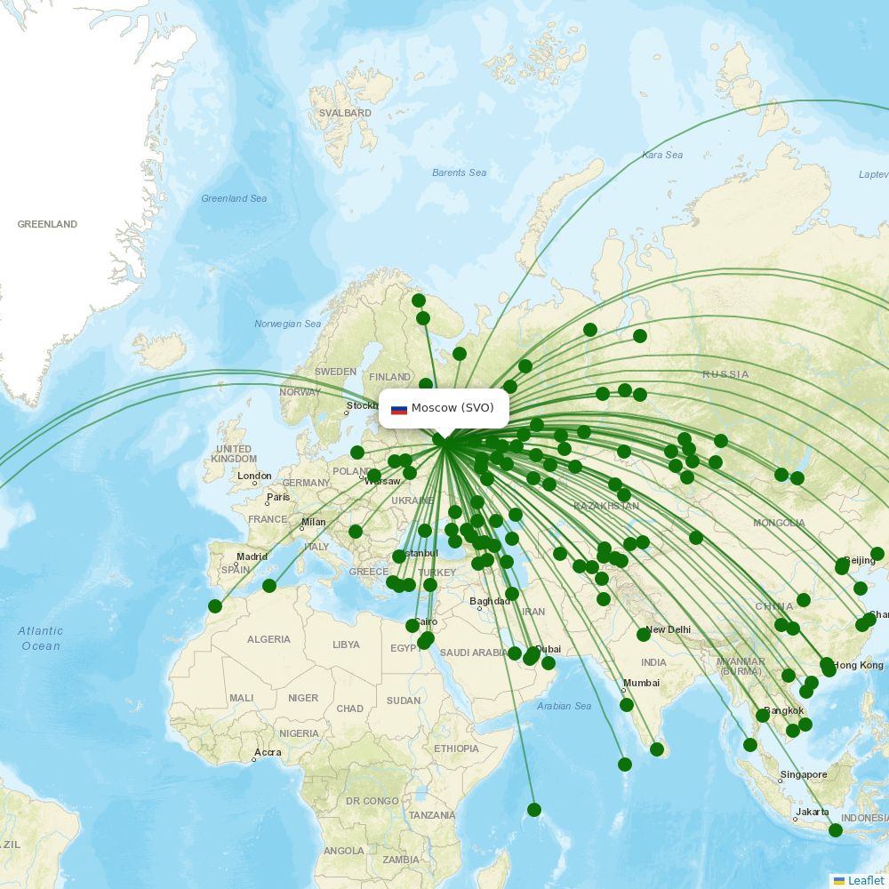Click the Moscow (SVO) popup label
pyautogui.click(x=452, y=408)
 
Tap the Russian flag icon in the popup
pyautogui.click(x=399, y=409)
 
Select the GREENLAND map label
pyautogui.click(x=47, y=225)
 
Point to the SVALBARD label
pyautogui.click(x=345, y=114)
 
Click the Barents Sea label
pyautogui.click(x=459, y=172)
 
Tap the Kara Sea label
pyautogui.click(x=662, y=156)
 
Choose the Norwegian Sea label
pyautogui.click(x=287, y=324)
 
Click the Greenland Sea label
pyautogui.click(x=234, y=199)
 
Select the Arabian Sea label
pyautogui.click(x=564, y=707)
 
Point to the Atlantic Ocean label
pyautogui.click(x=41, y=638)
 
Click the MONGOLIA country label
pyautogui.click(x=779, y=524)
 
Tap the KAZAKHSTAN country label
pyautogui.click(x=606, y=507)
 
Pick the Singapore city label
pyautogui.click(x=804, y=775)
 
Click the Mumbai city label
pyautogui.click(x=641, y=684)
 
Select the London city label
pyautogui.click(x=254, y=477)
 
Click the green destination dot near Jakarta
pyautogui.click(x=836, y=830)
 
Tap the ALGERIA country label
pyautogui.click(x=268, y=639)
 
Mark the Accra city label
pyautogui.click(x=267, y=753)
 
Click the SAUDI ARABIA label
pyautogui.click(x=474, y=653)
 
